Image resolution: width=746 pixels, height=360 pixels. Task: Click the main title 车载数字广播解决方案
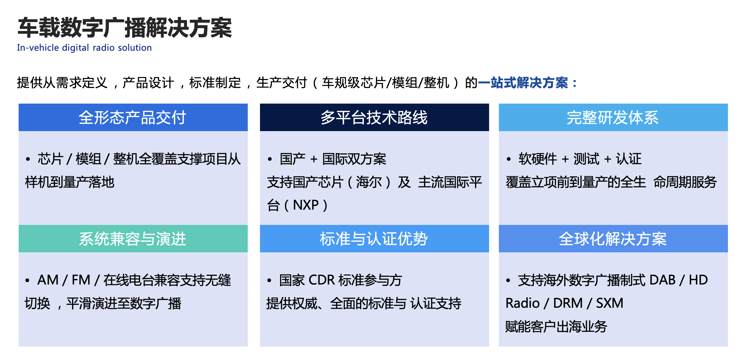pos(125,28)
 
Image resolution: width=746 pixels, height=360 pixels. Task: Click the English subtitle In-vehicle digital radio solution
pos(84,48)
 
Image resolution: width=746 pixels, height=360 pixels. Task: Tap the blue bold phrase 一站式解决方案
pos(523,83)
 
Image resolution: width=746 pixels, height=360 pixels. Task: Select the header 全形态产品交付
pos(133,117)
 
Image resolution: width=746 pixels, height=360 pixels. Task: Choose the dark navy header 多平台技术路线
pos(374,117)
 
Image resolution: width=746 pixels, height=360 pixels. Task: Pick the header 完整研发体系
pos(613,117)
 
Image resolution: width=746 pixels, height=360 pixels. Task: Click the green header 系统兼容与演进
pos(133,239)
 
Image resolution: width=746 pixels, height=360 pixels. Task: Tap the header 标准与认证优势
pos(374,239)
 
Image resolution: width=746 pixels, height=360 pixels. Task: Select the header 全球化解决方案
pos(613,239)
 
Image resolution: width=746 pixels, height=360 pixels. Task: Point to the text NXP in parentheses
pos(306,205)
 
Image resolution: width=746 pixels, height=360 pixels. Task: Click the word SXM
pos(610,303)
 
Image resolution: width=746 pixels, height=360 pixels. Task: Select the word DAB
pos(662,280)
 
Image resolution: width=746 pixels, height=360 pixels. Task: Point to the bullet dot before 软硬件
pos(509,159)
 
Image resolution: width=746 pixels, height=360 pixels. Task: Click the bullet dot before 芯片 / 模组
pos(28,159)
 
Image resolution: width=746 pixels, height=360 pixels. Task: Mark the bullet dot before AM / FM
pos(27,280)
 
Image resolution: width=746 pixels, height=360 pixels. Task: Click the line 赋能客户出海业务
pos(556,327)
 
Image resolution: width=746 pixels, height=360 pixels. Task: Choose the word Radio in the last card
pos(523,303)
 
